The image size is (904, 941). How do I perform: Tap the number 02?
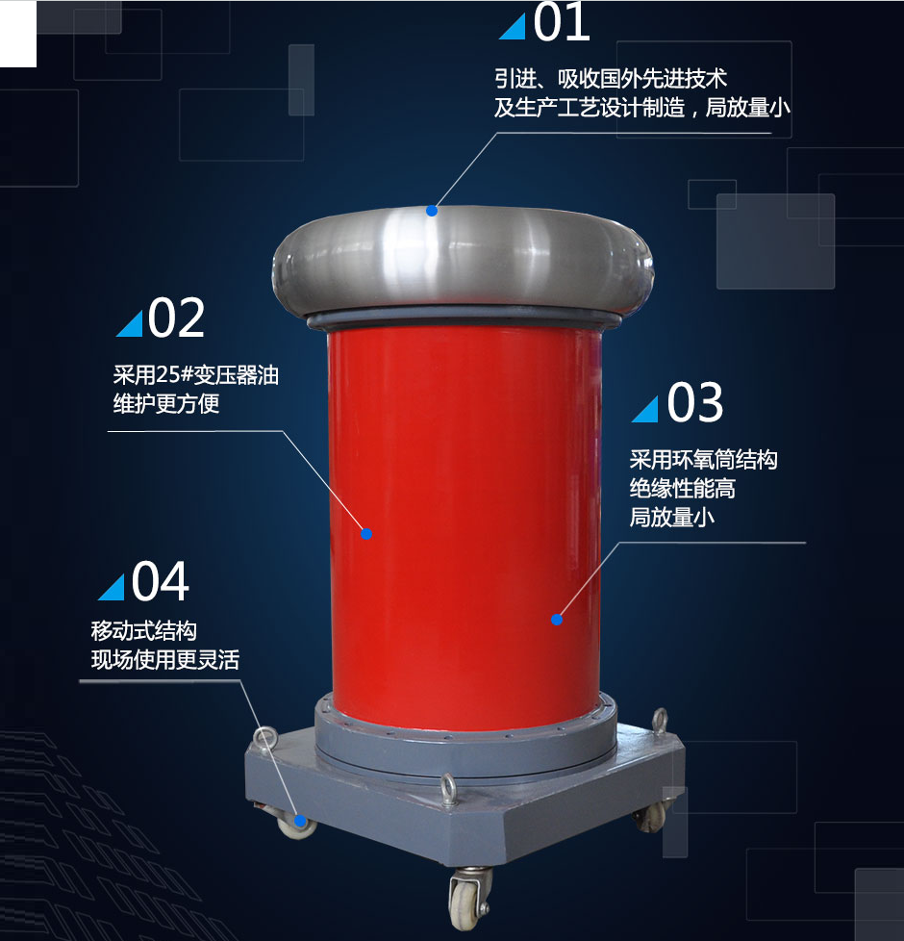[x=176, y=318]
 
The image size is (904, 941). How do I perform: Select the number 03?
[x=694, y=402]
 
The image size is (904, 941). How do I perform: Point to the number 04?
[x=161, y=580]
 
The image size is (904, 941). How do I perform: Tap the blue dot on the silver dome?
[x=431, y=211]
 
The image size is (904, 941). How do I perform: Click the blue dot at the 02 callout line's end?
[x=366, y=533]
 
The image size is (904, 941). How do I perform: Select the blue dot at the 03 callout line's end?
[x=557, y=620]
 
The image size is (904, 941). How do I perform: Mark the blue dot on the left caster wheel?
[x=300, y=821]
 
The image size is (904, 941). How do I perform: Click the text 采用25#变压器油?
[x=196, y=375]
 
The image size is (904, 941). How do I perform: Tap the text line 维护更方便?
[x=166, y=404]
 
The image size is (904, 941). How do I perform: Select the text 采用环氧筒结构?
[x=704, y=460]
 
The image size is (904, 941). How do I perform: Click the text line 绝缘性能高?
[x=683, y=489]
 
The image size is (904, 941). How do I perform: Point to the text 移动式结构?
[x=144, y=631]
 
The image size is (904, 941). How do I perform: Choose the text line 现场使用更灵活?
[x=165, y=659]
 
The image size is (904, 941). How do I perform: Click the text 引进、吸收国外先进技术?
[x=611, y=79]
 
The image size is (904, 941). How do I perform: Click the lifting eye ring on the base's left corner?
[x=264, y=738]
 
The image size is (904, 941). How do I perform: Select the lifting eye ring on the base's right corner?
[x=660, y=721]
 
